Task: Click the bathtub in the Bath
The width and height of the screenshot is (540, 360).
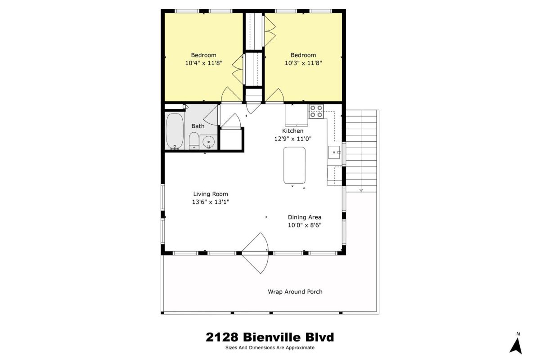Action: click(x=175, y=131)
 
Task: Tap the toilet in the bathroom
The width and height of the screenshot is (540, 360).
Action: click(x=194, y=141)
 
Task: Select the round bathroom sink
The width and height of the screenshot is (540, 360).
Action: click(x=208, y=142)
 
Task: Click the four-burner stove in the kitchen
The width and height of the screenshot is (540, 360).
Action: click(x=316, y=112)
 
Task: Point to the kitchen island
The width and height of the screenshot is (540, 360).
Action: click(x=294, y=165)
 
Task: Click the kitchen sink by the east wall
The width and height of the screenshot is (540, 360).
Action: click(x=334, y=152)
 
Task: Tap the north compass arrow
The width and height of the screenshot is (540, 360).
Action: click(x=516, y=346)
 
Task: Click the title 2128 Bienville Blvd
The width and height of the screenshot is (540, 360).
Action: click(x=270, y=337)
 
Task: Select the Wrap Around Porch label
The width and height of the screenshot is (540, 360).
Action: click(x=295, y=292)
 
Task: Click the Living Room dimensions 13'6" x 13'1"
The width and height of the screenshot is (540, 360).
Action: click(x=211, y=202)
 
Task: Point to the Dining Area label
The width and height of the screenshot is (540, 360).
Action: click(x=305, y=217)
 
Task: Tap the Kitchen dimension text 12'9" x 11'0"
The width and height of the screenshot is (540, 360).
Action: click(x=292, y=139)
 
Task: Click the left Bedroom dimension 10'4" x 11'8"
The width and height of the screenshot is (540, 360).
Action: click(x=204, y=63)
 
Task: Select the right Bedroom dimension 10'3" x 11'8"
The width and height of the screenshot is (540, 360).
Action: click(x=303, y=63)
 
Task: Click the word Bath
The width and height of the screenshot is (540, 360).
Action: click(x=198, y=126)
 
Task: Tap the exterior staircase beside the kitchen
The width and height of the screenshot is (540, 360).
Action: click(x=361, y=151)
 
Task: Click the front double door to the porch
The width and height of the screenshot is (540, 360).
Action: click(x=255, y=253)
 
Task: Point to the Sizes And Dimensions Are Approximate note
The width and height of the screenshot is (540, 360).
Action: click(x=270, y=348)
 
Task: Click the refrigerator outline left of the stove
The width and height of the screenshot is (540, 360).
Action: click(x=297, y=115)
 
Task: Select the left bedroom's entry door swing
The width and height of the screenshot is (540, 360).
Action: click(x=231, y=94)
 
